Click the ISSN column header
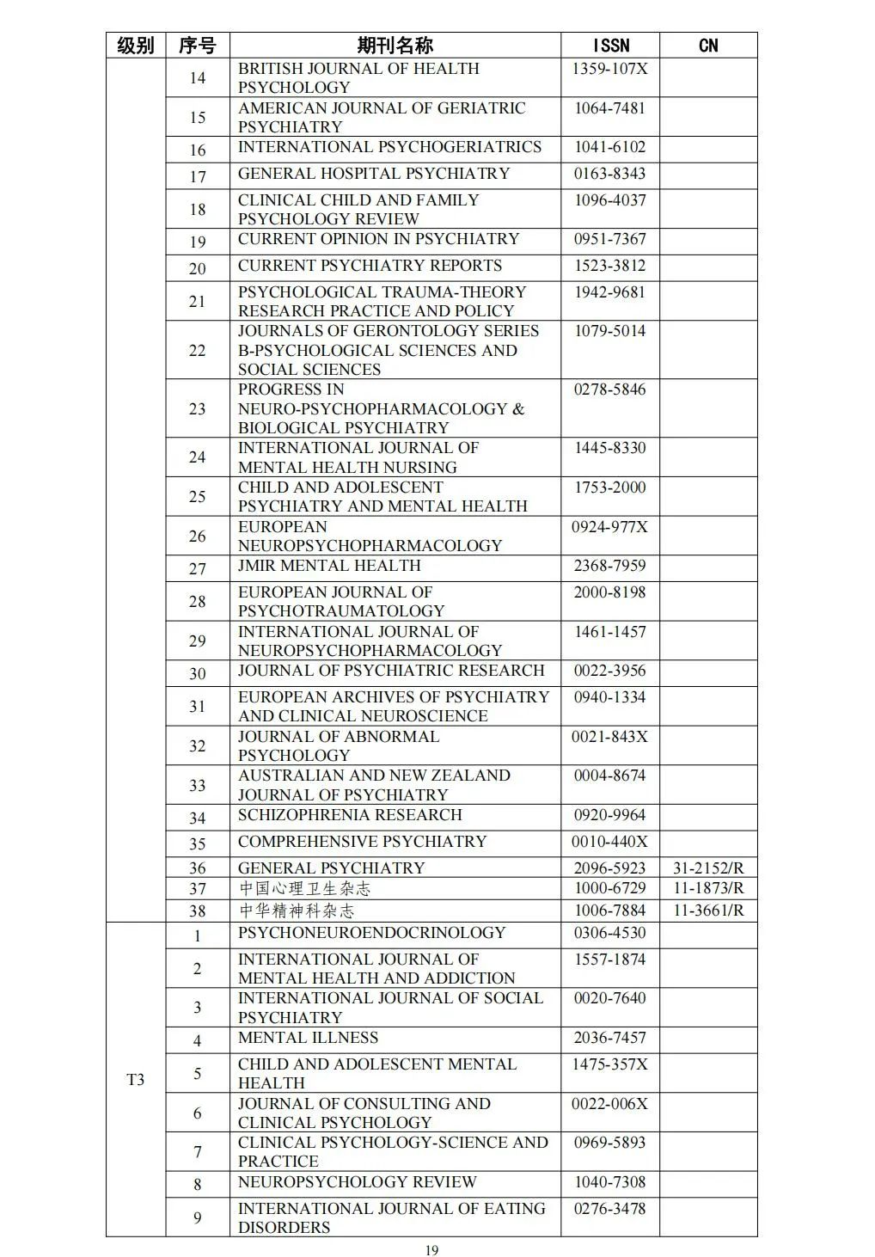point(610,46)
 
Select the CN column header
point(708,46)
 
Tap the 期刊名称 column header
point(395,46)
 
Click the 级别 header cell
point(136,46)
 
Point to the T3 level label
point(136,1080)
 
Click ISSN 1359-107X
point(609,69)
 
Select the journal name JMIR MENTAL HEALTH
point(329,566)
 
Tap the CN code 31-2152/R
point(708,868)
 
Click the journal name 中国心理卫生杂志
point(304,889)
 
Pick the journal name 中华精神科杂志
point(296,911)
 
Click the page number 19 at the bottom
point(431,1250)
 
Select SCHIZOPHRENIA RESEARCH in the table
point(350,815)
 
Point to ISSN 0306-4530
point(609,933)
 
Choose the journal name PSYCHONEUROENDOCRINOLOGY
point(371,933)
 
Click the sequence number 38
point(198,911)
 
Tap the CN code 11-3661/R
point(708,911)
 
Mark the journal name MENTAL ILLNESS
point(308,1038)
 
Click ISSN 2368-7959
point(609,566)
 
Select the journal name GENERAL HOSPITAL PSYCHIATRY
point(374,174)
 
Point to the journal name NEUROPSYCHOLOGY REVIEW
point(357,1182)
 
